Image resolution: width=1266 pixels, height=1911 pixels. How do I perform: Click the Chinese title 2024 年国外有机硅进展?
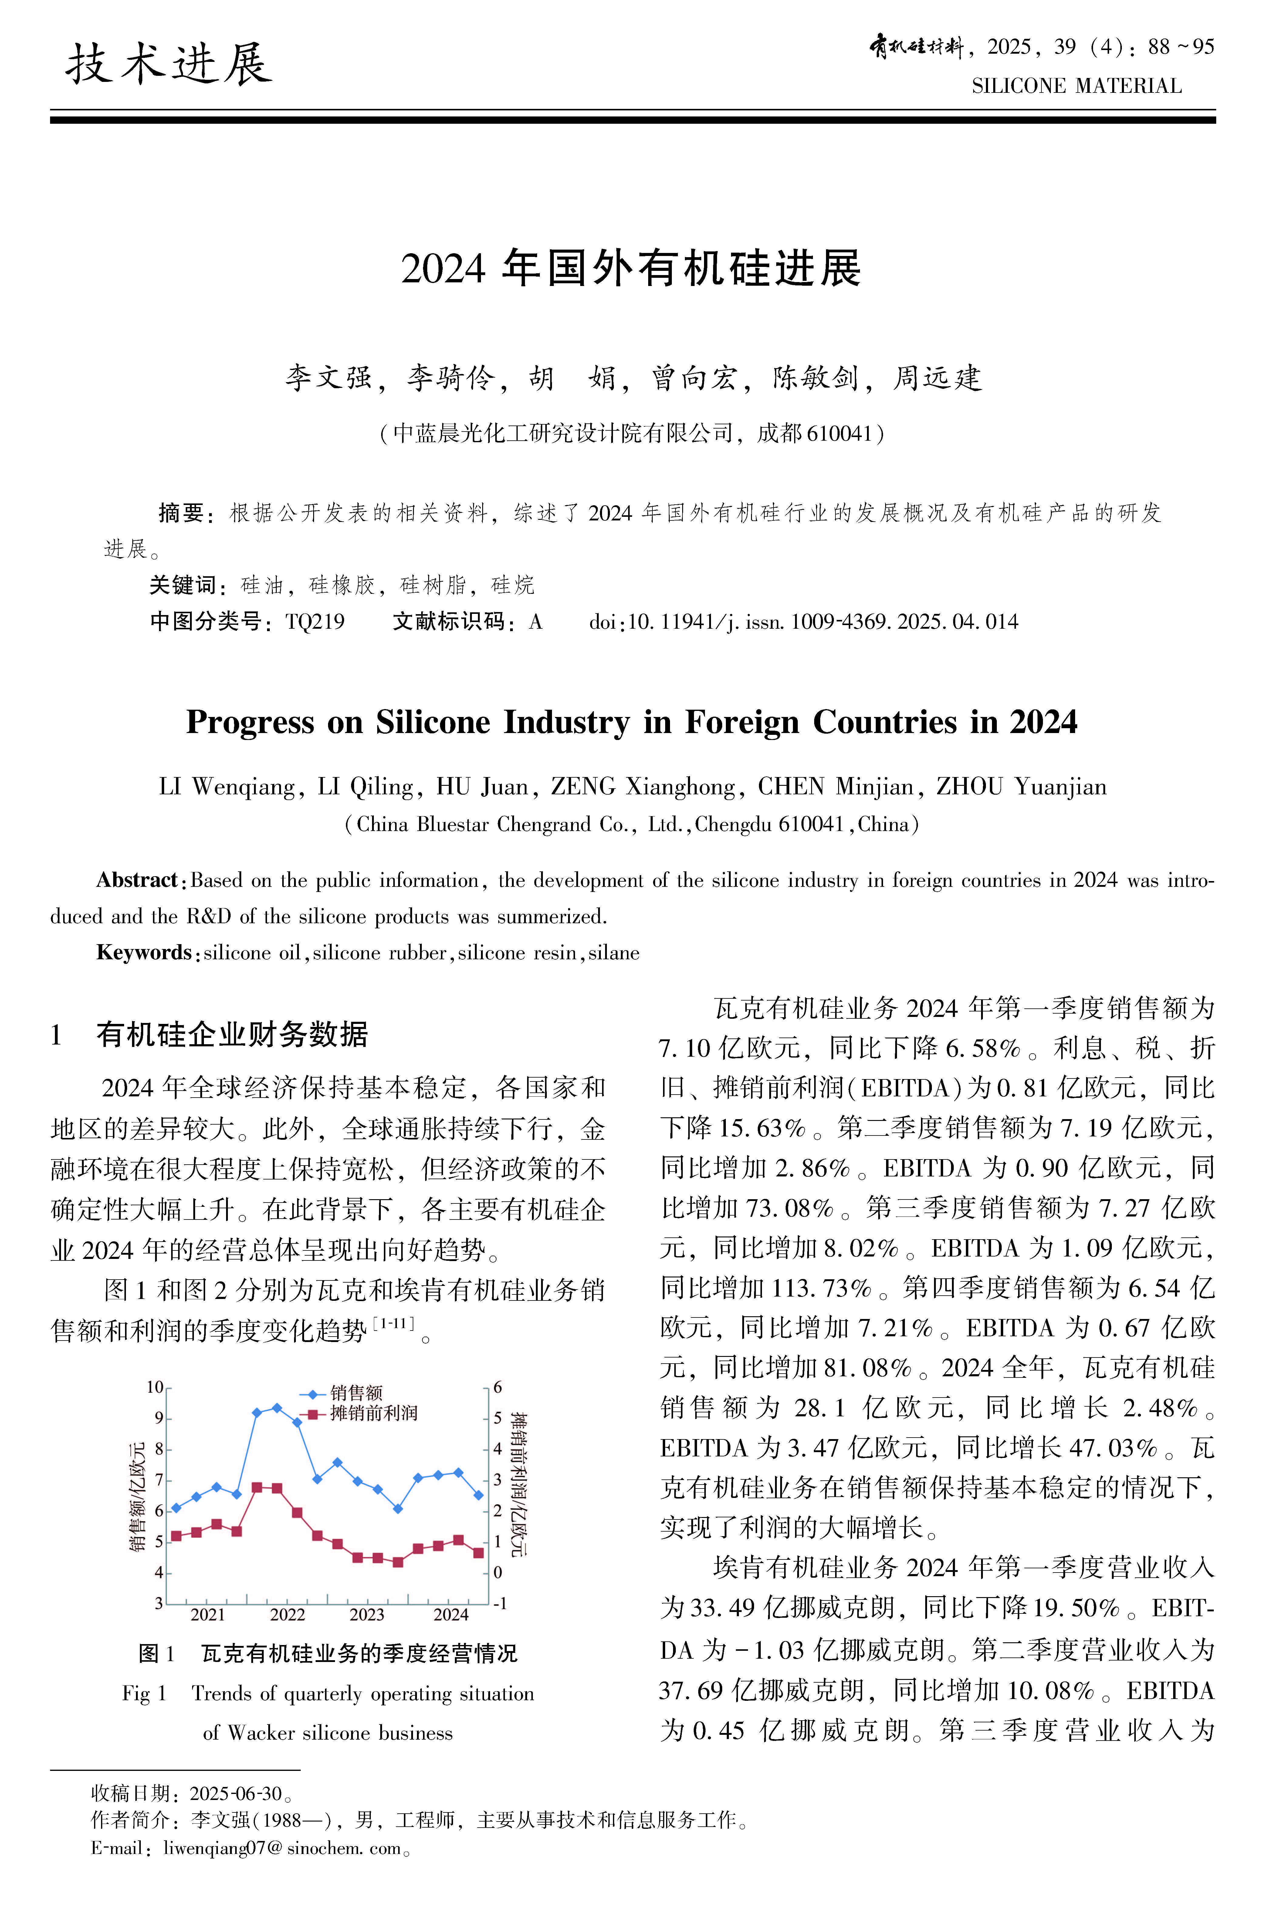coord(631,269)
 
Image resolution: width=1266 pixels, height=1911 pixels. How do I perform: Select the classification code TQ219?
coord(315,621)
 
